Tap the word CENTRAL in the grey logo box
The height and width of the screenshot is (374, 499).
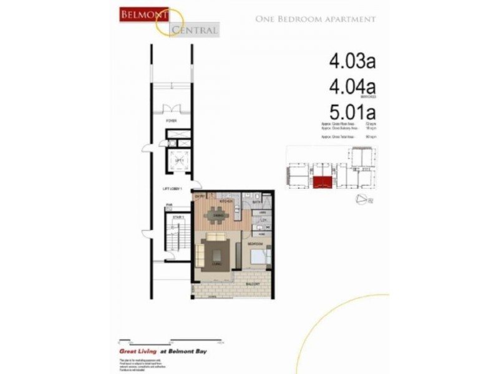click(196, 29)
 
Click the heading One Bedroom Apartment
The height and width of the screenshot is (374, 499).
click(316, 19)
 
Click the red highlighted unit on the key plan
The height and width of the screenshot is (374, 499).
click(321, 181)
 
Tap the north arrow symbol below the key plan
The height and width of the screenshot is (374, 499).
click(362, 199)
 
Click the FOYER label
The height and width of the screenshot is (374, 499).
click(170, 120)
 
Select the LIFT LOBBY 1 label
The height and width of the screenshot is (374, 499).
click(172, 188)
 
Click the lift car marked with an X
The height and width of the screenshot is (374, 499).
click(178, 161)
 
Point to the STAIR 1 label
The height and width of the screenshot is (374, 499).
click(178, 217)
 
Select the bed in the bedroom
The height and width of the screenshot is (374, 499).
click(259, 255)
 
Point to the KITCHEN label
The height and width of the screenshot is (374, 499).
click(226, 202)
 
